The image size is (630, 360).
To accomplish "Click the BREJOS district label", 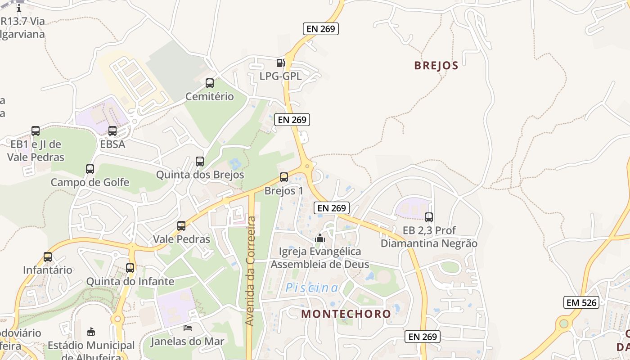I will (x=436, y=66).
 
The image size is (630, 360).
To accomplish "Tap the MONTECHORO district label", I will (x=346, y=314).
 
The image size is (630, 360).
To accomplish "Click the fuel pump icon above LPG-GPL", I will (x=281, y=63).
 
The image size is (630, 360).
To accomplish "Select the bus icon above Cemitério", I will (x=210, y=83).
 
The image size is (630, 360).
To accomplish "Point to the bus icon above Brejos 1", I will (x=283, y=177).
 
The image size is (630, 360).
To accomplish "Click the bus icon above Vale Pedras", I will (x=181, y=226).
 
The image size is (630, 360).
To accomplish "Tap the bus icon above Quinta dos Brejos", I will (x=200, y=162).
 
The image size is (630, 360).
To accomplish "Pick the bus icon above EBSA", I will (x=112, y=131).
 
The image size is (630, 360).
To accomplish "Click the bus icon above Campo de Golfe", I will (x=90, y=169).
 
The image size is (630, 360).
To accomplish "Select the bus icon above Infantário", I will (x=48, y=257).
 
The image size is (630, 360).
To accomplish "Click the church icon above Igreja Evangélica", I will (x=320, y=238).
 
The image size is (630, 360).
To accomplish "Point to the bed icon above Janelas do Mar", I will (x=187, y=328).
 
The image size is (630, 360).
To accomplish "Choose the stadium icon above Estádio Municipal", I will (x=91, y=332).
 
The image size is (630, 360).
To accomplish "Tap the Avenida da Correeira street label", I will (x=251, y=271).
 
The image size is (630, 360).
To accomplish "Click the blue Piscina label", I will (x=312, y=288).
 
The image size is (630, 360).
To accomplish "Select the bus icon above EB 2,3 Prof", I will (x=429, y=217).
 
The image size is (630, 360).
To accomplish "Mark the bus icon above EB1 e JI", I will (x=36, y=131).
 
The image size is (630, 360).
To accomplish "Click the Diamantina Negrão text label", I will (x=429, y=243).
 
